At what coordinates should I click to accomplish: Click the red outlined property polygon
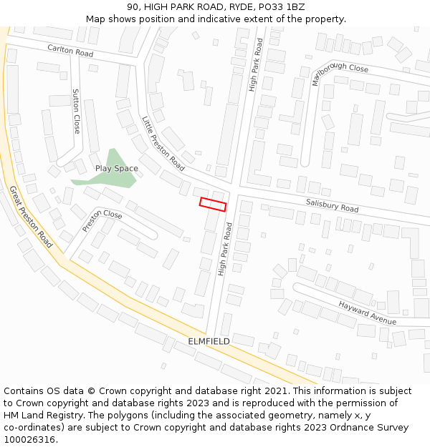pos(213,204)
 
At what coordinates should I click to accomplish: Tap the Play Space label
pos(116,169)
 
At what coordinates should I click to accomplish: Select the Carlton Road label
pos(70,50)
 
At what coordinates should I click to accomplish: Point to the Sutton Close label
pos(77,111)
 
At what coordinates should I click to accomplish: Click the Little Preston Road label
pos(163,144)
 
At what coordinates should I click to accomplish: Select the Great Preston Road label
pos(31,217)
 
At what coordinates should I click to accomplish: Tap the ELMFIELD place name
pos(209,341)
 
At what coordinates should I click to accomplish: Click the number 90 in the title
pos(133,6)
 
